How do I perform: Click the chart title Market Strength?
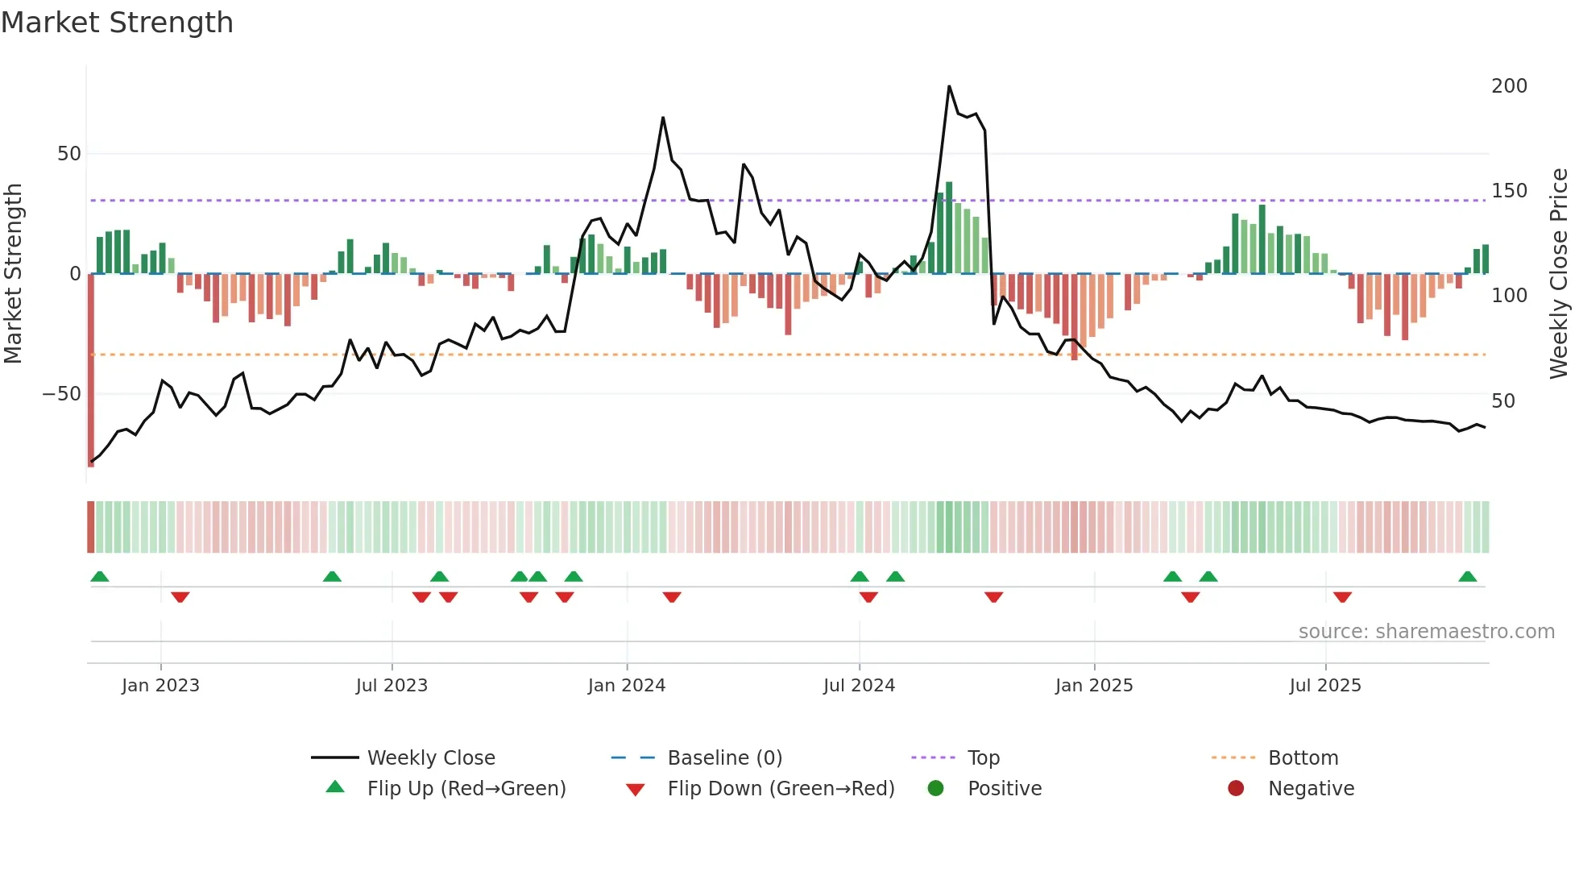click(x=117, y=23)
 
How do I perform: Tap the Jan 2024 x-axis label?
click(x=626, y=686)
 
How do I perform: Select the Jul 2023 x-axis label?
click(x=392, y=686)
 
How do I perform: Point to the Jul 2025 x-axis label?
click(x=1324, y=686)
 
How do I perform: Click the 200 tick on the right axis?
click(x=1509, y=86)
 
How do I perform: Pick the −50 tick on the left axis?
click(x=62, y=394)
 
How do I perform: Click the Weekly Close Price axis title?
click(x=1559, y=274)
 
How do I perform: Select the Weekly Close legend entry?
click(x=430, y=758)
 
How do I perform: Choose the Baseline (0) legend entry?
click(x=724, y=758)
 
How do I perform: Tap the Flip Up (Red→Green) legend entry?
click(x=466, y=789)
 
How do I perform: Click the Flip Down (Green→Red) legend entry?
click(x=780, y=789)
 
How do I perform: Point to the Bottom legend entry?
click(x=1303, y=758)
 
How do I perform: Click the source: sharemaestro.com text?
click(x=1426, y=632)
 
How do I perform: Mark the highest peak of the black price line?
click(x=949, y=86)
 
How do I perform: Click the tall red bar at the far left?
click(x=91, y=371)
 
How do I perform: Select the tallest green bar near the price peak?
click(x=949, y=227)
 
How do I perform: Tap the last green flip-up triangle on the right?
click(x=1467, y=577)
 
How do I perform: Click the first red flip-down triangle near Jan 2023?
click(x=180, y=597)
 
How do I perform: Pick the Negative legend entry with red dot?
click(x=1310, y=789)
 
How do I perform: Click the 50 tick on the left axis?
click(x=69, y=154)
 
